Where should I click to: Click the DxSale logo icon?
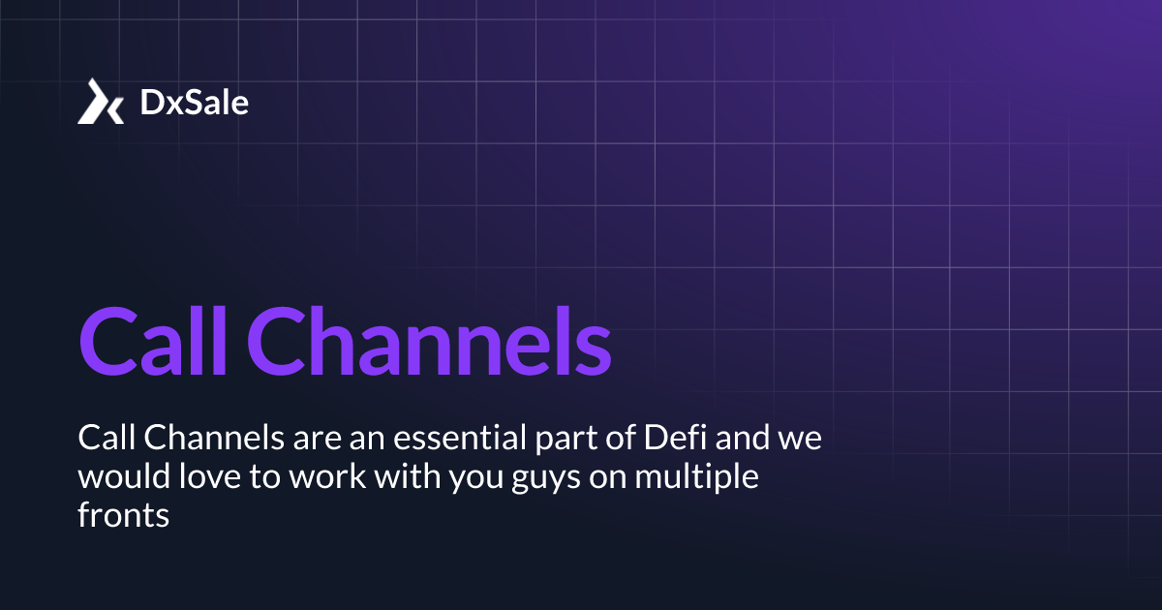[101, 102]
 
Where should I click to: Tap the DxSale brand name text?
[195, 102]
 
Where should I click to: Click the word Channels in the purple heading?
[437, 342]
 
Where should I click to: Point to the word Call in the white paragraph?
[107, 440]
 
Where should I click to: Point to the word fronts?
[123, 517]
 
